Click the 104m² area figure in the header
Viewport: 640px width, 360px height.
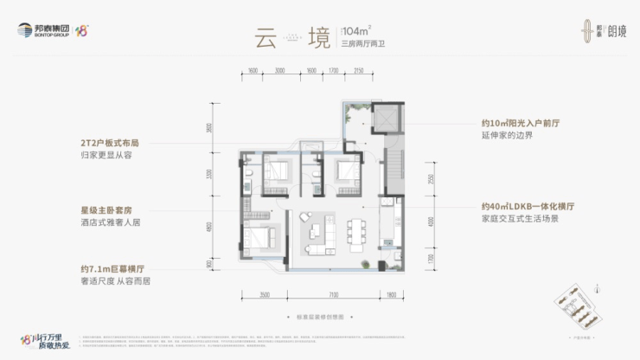pyautogui.click(x=355, y=33)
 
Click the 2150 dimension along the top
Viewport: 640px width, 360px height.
pyautogui.click(x=358, y=71)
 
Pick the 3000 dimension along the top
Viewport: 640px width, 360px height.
pyautogui.click(x=279, y=71)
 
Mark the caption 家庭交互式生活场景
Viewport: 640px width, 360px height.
pyautogui.click(x=519, y=221)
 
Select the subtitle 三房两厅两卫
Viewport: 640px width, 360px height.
pyautogui.click(x=361, y=48)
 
